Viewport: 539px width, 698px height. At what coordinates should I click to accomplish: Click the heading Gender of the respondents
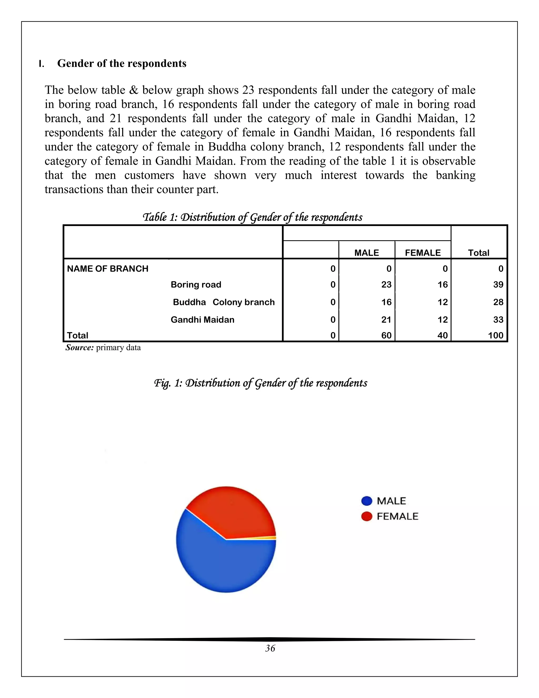122,63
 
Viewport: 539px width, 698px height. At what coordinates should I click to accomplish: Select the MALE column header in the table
366,253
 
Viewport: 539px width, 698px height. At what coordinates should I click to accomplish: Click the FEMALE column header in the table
422,253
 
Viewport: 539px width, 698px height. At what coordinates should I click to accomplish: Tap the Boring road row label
196,284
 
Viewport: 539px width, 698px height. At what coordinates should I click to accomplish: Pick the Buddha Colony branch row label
223,302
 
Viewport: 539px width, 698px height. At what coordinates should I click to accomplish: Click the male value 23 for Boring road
386,284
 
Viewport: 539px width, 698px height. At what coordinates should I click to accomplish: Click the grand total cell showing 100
495,335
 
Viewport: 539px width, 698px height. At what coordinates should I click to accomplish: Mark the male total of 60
386,335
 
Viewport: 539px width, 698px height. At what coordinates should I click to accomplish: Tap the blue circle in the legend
367,501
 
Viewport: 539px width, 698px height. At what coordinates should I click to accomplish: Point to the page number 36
270,648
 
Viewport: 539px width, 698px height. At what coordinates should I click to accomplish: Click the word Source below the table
79,347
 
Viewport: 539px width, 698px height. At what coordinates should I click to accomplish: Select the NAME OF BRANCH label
108,268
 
